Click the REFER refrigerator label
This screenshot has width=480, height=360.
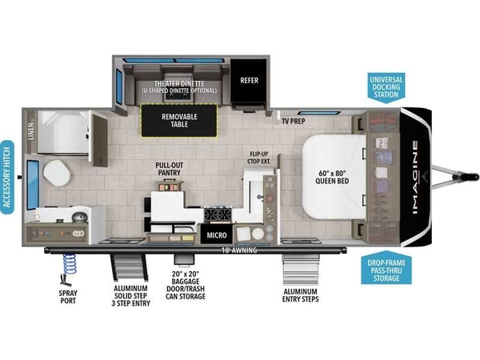point(249,81)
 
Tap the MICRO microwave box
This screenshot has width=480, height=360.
point(217,235)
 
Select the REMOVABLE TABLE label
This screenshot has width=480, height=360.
point(179,120)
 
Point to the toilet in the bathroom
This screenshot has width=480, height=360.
point(56,174)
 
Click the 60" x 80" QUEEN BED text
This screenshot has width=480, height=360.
point(332,177)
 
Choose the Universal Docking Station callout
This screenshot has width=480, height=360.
point(386,87)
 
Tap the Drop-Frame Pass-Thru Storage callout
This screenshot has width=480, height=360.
point(386,268)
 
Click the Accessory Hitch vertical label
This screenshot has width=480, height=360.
point(7,178)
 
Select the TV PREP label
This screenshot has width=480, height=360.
point(294,122)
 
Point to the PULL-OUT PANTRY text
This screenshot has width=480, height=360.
point(170,169)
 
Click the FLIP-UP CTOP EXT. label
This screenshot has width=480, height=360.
point(259,158)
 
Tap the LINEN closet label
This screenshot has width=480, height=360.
point(31,131)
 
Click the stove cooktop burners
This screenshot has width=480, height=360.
point(218,214)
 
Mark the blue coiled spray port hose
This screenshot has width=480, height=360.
point(70,263)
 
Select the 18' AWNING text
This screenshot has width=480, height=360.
point(239,250)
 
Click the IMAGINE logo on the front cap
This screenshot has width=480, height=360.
point(414,178)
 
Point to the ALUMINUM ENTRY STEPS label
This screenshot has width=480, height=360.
point(300,295)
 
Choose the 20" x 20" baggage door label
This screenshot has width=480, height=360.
point(186,285)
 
